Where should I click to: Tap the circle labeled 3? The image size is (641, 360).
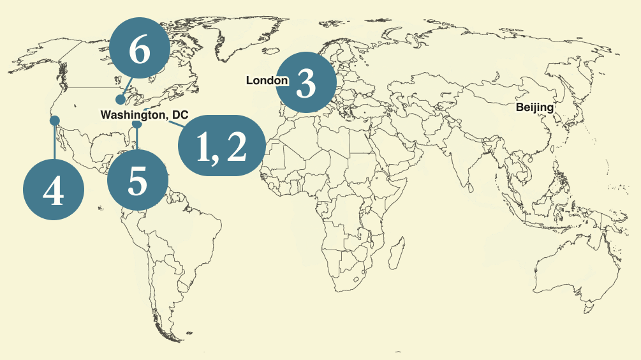(306, 84)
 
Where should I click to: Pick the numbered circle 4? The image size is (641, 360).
(54, 190)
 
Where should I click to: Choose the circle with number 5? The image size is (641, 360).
(137, 181)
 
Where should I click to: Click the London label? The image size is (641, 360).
(267, 80)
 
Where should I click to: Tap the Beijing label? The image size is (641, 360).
(534, 107)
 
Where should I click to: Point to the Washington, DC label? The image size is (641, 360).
(144, 115)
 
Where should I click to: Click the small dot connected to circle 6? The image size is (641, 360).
(120, 100)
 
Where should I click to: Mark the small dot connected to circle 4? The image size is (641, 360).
(55, 120)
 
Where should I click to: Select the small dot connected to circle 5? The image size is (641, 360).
(136, 125)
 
